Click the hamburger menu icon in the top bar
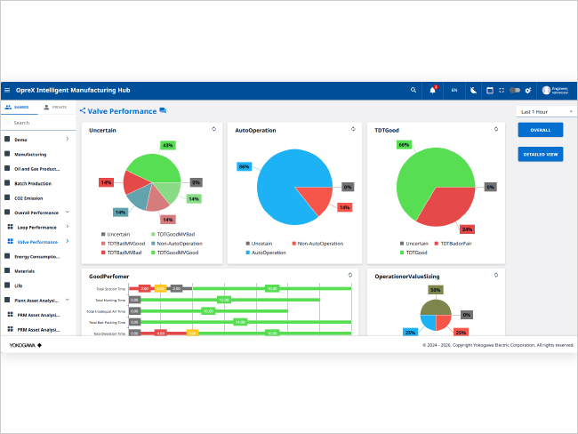[x=8, y=90]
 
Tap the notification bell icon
[x=433, y=90]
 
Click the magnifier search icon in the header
[x=413, y=90]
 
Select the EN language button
[x=454, y=90]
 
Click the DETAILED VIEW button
[x=540, y=154]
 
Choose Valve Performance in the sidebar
[x=36, y=242]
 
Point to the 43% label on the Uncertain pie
[x=167, y=145]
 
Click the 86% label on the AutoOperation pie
[x=244, y=166]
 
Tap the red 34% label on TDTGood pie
[x=467, y=229]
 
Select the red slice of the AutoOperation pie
[x=316, y=198]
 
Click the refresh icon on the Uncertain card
[x=213, y=129]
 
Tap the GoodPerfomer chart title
[x=108, y=276]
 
